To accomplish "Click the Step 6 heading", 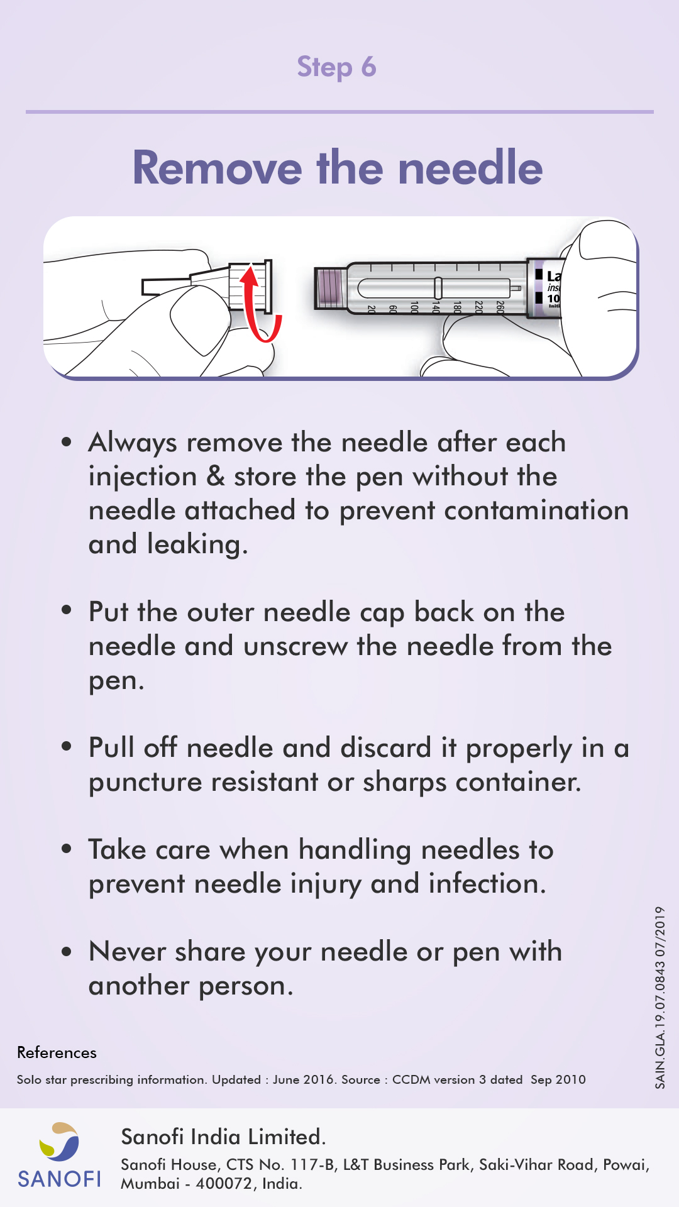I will (336, 67).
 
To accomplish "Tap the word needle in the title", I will (470, 168).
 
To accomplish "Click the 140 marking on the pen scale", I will (435, 307).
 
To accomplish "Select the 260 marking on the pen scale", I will (500, 307).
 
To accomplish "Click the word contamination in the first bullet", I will (536, 510).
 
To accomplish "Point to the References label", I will (57, 1052).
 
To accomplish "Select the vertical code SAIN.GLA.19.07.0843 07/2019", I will (660, 997).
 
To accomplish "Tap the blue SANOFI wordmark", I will (59, 1179).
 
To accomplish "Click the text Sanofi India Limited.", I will (223, 1137).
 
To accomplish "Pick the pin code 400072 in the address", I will (223, 1184).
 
